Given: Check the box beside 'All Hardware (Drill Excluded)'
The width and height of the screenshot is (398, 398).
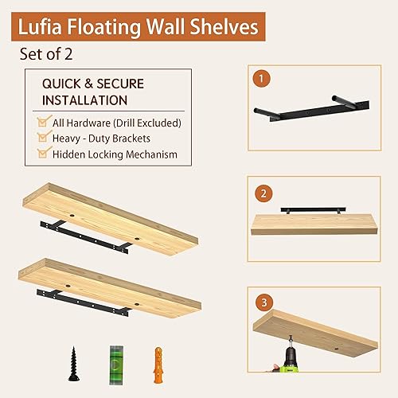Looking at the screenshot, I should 43,122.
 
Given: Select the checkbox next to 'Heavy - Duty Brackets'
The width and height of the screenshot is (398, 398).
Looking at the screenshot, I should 43,138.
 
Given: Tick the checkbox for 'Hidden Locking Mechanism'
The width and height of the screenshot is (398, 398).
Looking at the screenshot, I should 43,154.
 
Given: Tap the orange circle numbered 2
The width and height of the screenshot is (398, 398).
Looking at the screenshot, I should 261,193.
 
